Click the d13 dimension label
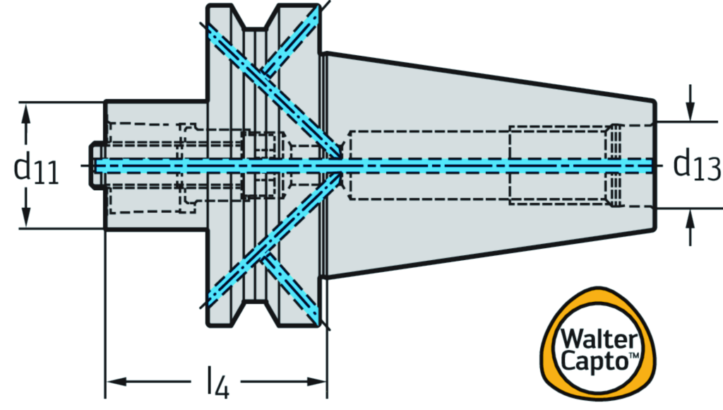[695, 165]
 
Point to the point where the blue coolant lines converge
[339, 165]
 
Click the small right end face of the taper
[656, 165]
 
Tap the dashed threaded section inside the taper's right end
[616, 165]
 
